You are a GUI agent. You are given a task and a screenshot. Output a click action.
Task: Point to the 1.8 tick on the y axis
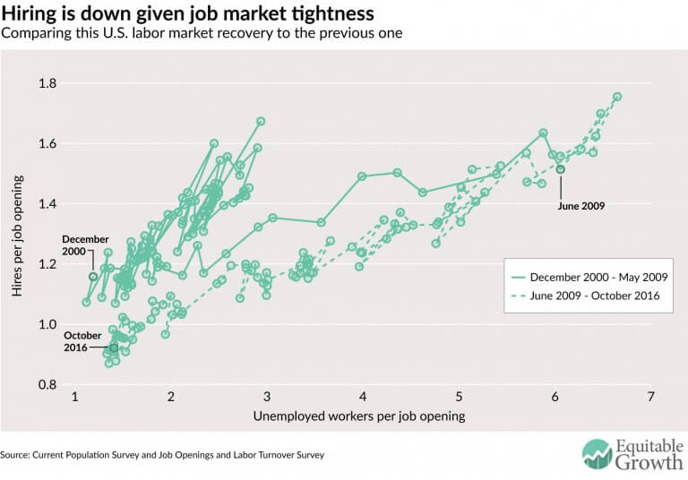46,83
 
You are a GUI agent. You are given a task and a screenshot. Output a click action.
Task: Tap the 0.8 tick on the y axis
46,385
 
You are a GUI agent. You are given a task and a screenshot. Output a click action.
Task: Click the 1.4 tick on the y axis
46,204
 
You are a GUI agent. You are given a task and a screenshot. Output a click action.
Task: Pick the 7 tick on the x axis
650,397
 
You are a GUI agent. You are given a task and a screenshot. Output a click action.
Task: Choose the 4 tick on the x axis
363,397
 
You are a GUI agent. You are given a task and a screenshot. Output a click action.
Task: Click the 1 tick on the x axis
75,397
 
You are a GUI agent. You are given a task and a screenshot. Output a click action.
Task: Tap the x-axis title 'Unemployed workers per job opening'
359,416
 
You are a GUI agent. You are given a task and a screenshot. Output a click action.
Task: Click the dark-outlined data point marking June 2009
561,169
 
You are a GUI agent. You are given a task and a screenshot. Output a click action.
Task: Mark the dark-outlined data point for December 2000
93,277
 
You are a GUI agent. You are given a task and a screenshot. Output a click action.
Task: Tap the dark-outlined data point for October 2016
114,347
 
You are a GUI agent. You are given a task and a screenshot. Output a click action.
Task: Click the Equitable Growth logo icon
598,453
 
